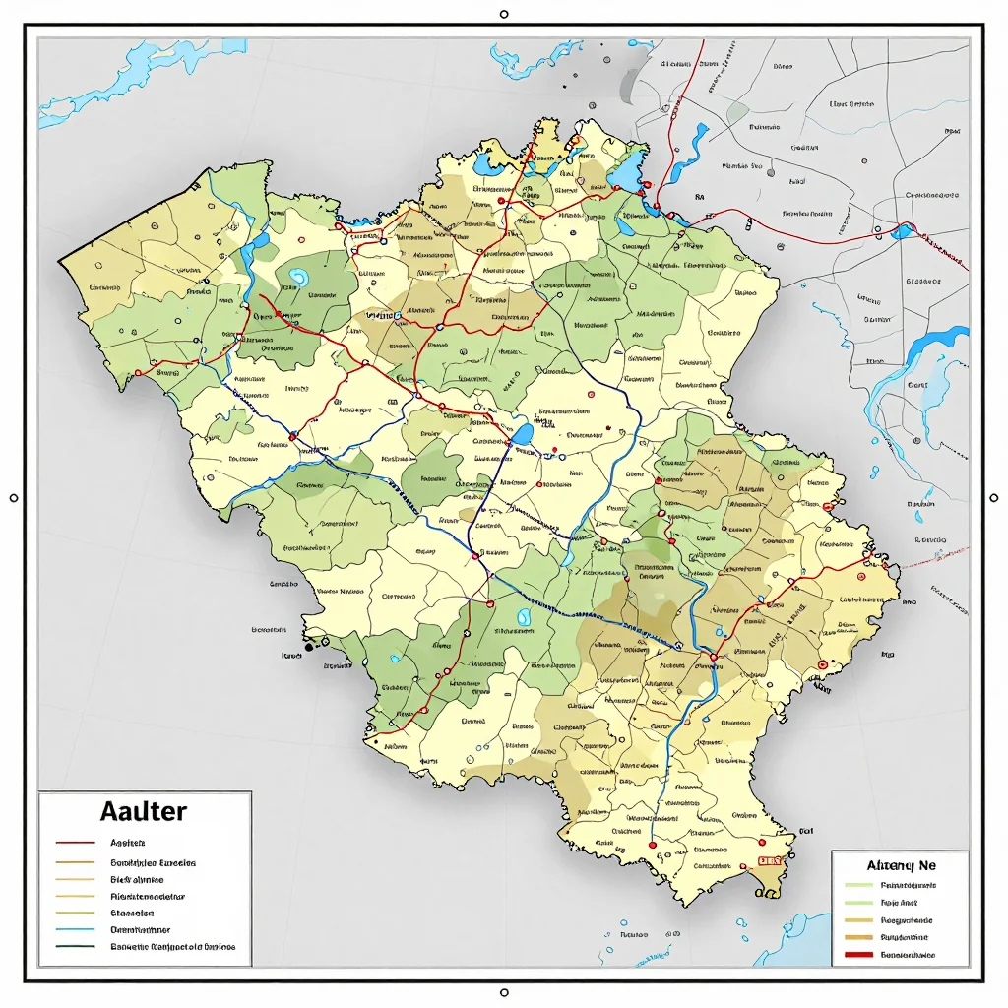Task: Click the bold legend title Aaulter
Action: [143, 811]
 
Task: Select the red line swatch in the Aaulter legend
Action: [76, 844]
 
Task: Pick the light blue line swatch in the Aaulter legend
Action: [76, 929]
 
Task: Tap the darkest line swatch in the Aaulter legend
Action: [76, 947]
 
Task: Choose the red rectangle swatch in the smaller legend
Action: [858, 955]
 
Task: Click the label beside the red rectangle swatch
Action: [908, 955]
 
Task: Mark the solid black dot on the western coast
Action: [309, 648]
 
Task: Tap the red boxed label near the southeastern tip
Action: [770, 860]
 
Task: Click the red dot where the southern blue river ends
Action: [652, 844]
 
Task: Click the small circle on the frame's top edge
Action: [504, 15]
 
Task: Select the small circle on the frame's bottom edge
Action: [504, 992]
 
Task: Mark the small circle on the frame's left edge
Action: [14, 498]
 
